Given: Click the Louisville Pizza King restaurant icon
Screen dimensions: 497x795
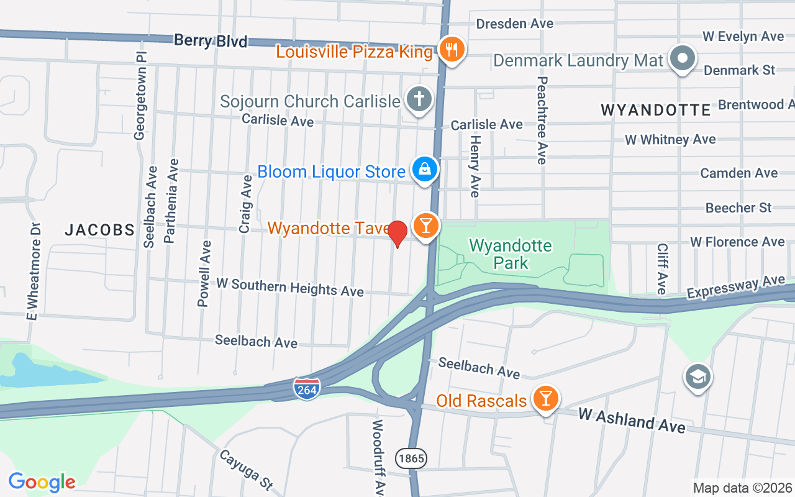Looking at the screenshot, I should tap(452, 49).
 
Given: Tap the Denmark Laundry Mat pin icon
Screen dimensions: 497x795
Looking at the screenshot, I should tap(683, 59).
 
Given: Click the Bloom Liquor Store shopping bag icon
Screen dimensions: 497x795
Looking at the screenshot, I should tap(425, 170).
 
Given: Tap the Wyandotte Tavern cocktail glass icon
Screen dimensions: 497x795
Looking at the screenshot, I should tap(425, 225).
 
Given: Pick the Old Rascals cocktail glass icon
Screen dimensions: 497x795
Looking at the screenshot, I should tap(546, 399).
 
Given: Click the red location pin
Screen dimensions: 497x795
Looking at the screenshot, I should tap(397, 234).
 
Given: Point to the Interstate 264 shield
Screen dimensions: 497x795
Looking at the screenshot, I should tap(307, 388).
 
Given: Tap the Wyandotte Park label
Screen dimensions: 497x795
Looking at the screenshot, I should tap(511, 254).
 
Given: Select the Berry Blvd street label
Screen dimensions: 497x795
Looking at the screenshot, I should tap(211, 41).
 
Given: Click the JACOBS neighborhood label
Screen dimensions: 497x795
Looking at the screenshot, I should tap(100, 230).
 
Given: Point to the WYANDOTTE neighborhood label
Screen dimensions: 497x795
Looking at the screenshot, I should tap(656, 111).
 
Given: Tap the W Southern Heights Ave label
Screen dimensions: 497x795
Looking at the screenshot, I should tap(290, 287).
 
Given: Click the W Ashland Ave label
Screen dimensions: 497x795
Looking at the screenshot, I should tap(632, 421).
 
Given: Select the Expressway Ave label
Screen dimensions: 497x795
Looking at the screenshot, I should tap(736, 287).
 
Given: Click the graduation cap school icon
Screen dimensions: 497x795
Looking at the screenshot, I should tap(698, 376).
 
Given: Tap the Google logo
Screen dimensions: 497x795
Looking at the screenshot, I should tap(42, 481).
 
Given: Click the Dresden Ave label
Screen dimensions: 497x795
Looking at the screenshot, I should tap(514, 24).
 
